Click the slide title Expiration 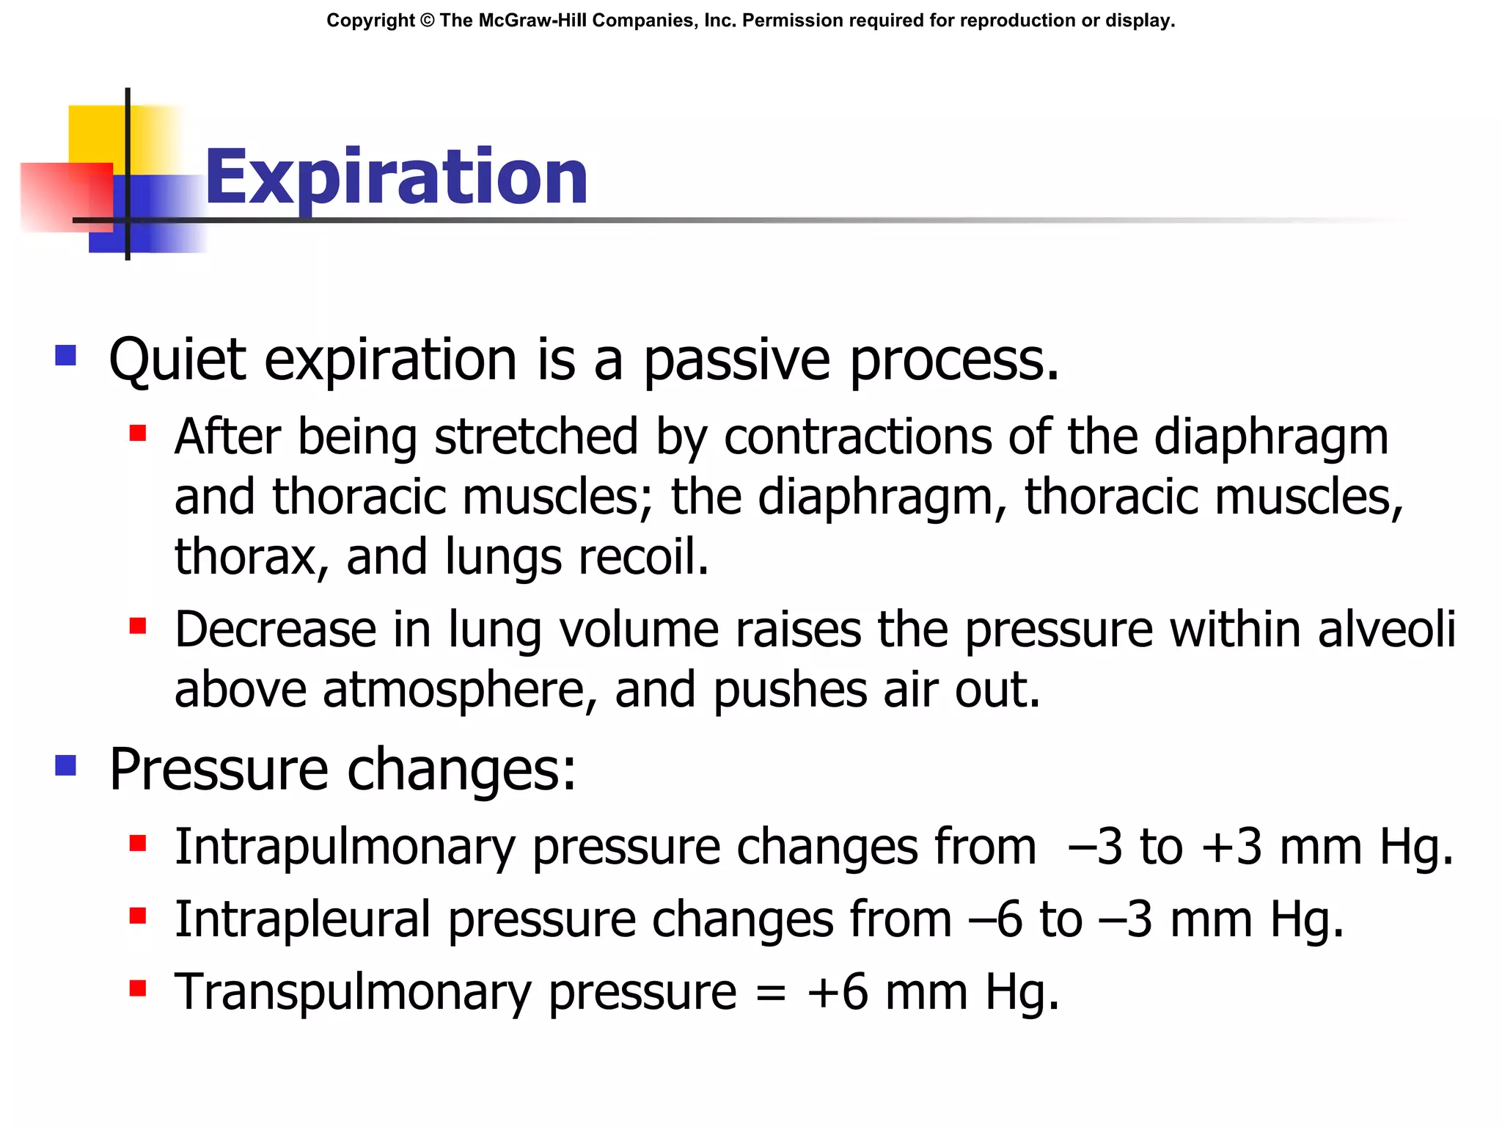coord(396,178)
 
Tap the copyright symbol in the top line coord(427,21)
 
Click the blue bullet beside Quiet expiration coord(66,356)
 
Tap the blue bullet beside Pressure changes coord(66,765)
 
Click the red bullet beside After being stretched coord(137,433)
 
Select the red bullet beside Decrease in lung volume coord(137,626)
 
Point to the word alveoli coord(1386,630)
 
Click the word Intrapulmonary coord(345,848)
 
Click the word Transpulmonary coord(353,993)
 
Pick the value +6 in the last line coord(837,993)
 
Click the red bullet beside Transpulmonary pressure coord(137,988)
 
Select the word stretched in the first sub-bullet coord(536,437)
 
